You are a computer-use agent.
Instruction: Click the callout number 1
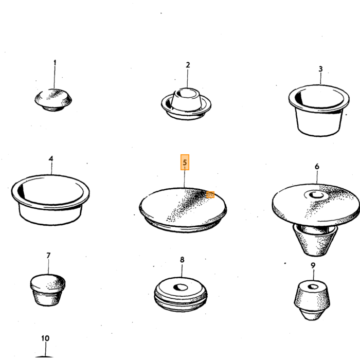(x=55, y=63)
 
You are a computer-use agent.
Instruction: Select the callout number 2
(x=188, y=65)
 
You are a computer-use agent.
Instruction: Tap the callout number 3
(x=320, y=69)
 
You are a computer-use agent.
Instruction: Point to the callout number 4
(x=51, y=158)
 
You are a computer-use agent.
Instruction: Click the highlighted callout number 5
(x=185, y=163)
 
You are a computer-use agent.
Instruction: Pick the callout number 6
(x=317, y=167)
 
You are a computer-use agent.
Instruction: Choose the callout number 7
(x=48, y=255)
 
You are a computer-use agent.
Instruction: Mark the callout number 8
(x=182, y=260)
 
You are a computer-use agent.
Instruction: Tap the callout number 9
(x=313, y=265)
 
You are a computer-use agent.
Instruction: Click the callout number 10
(x=45, y=338)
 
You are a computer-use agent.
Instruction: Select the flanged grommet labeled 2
(x=186, y=104)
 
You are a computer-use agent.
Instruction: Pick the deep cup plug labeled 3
(x=319, y=111)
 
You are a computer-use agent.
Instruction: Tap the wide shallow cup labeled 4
(x=50, y=200)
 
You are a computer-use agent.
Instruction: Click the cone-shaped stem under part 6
(x=315, y=240)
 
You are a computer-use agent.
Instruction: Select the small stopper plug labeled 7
(x=47, y=290)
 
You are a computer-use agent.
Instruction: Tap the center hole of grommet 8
(x=180, y=287)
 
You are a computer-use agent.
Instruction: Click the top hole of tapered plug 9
(x=313, y=287)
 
